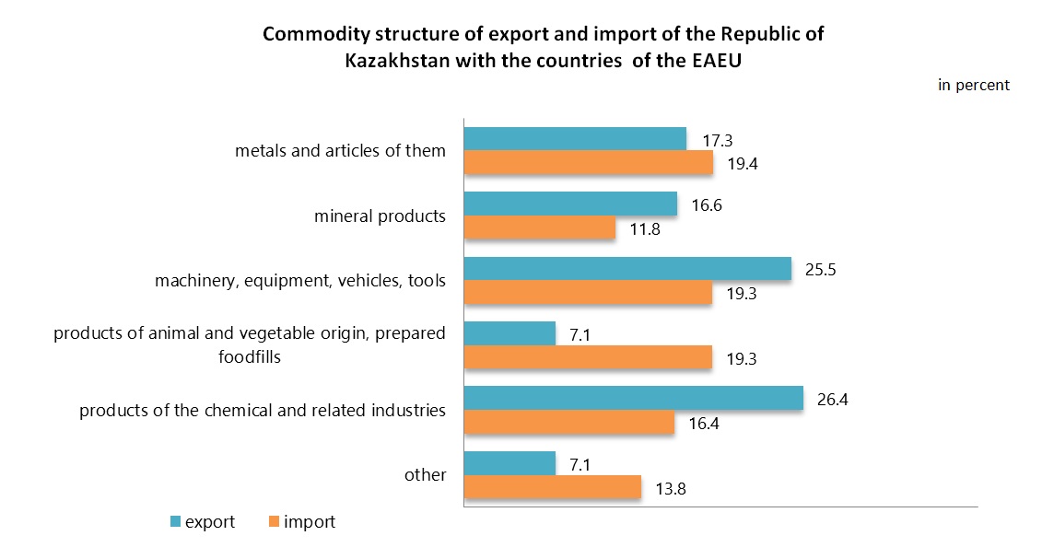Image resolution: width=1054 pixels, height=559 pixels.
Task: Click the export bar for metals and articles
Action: pos(575,138)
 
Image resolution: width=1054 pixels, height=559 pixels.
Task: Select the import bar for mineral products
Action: pos(540,228)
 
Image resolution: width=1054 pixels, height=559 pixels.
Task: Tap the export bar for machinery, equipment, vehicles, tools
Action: pos(627,268)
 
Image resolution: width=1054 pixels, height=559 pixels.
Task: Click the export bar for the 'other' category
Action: pos(509,463)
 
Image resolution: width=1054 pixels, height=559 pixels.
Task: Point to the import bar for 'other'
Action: pos(552,487)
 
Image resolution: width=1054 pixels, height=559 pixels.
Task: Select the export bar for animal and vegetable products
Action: pos(509,332)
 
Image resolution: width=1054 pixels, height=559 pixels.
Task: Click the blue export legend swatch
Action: pos(174,522)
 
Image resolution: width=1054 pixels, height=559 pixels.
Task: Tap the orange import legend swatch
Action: pos(273,522)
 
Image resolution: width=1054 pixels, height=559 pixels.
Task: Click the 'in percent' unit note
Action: pos(973,85)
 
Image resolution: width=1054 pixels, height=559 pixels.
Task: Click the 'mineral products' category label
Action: pos(380,216)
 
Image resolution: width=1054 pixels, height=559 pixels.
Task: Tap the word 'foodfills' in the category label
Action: pos(250,356)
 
